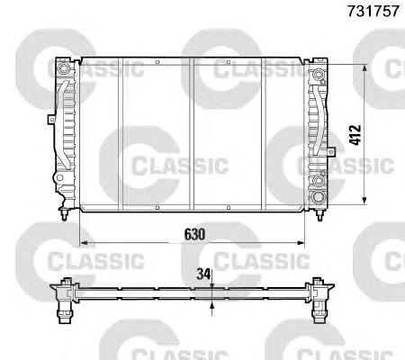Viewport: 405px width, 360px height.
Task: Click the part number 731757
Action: point(373,11)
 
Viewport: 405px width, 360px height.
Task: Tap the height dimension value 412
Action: point(355,135)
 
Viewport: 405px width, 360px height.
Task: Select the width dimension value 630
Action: point(194,234)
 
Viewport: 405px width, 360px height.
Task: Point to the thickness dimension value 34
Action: point(202,274)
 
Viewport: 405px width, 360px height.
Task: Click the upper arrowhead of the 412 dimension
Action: point(364,68)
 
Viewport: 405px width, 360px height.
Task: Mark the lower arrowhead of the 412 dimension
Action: point(364,201)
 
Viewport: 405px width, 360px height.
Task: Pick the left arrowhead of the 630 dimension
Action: point(84,242)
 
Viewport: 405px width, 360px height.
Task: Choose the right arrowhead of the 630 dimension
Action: point(301,242)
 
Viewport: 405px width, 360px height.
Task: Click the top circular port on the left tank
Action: point(63,68)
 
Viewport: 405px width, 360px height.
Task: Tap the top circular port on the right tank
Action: point(319,74)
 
